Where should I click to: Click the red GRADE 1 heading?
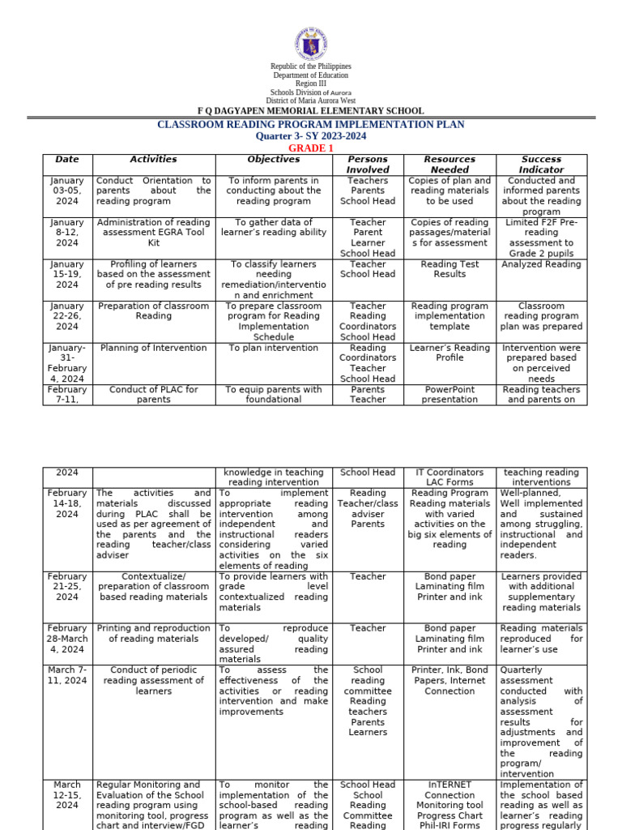point(311,148)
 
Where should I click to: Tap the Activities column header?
point(153,160)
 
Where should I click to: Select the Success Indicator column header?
point(541,165)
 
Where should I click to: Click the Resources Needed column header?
point(449,165)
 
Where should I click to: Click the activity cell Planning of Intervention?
point(153,348)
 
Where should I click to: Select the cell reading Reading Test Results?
point(449,269)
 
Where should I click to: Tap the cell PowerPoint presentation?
point(449,394)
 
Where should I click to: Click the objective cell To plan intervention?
point(274,348)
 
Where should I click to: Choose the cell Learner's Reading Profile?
point(449,353)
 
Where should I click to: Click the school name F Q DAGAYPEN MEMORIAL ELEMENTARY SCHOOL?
point(311,111)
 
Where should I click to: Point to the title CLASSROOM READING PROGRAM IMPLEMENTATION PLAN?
point(311,124)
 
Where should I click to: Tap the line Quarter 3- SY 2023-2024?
point(311,136)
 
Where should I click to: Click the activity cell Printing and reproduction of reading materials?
point(153,633)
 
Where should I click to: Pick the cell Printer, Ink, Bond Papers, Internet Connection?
point(449,681)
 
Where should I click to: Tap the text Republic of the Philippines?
point(311,66)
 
